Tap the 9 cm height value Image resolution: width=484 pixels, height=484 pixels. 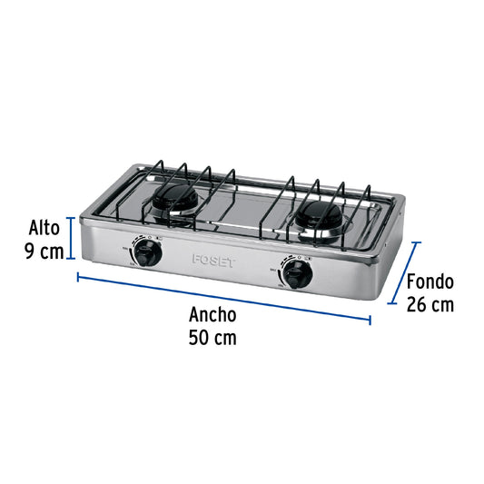coord(44,251)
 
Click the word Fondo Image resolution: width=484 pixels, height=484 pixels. coord(430,282)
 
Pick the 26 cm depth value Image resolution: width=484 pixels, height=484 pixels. coord(430,304)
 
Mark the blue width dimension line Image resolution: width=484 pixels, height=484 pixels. coord(224,297)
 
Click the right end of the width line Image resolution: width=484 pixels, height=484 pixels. coord(370,319)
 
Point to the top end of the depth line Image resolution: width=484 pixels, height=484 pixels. coord(418,242)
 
